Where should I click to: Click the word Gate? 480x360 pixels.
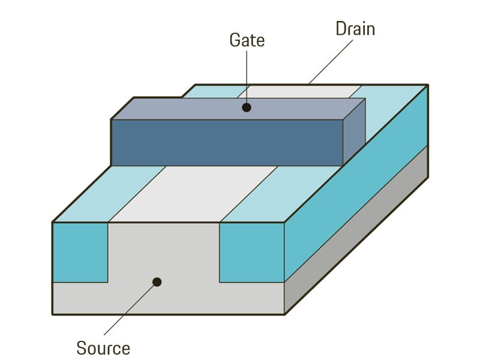247,40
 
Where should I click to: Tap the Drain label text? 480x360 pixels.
355,29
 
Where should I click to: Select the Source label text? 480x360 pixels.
103,347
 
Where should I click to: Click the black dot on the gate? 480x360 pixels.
246,108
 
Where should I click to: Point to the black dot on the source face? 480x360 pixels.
157,281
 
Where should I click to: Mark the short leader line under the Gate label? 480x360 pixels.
246,78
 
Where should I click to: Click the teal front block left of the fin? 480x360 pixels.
80,252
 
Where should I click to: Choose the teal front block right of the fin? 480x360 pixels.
251,252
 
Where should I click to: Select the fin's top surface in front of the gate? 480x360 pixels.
192,192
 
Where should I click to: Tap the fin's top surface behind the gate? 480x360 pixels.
300,91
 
